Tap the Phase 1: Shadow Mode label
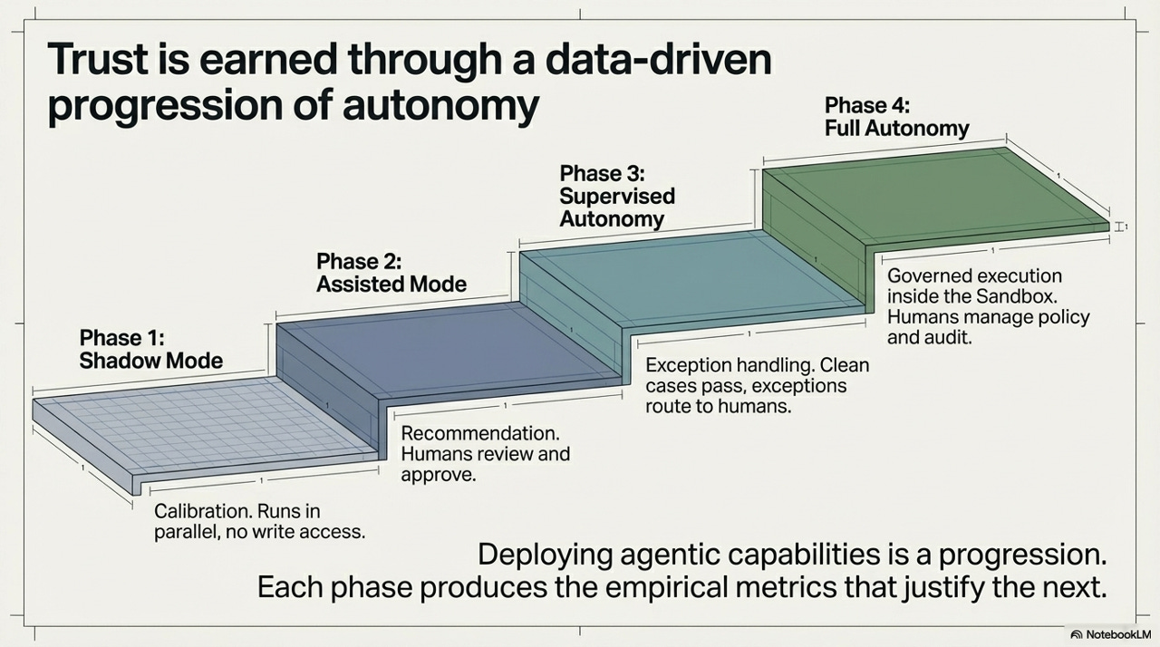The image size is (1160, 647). click(x=150, y=349)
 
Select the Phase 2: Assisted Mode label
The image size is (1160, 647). click(x=391, y=273)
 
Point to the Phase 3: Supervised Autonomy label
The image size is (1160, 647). click(x=616, y=196)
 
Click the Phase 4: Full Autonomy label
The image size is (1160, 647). click(x=896, y=116)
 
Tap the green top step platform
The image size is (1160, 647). click(x=933, y=195)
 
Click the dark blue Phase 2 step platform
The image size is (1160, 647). click(x=444, y=349)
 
